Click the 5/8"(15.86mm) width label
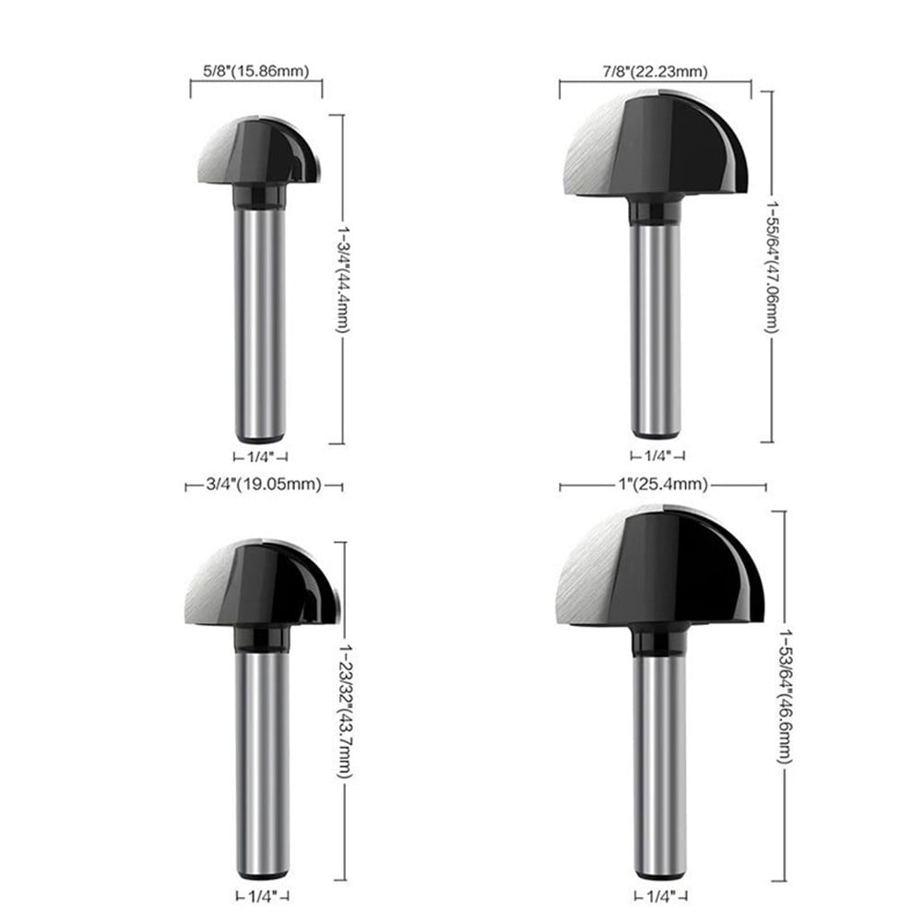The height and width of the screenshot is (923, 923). tap(255, 69)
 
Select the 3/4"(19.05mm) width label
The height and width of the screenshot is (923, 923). tap(264, 484)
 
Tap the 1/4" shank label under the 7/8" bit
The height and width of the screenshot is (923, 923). tap(657, 456)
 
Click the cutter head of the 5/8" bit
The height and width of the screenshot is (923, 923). tap(258, 152)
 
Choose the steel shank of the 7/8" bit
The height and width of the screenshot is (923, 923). tap(657, 323)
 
